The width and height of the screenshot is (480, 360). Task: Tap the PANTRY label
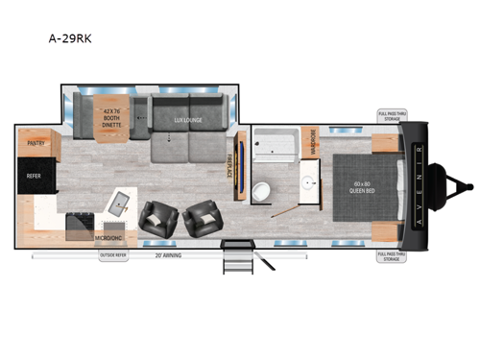[x=36, y=143]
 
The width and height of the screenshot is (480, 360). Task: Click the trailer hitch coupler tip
[x=470, y=182]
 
